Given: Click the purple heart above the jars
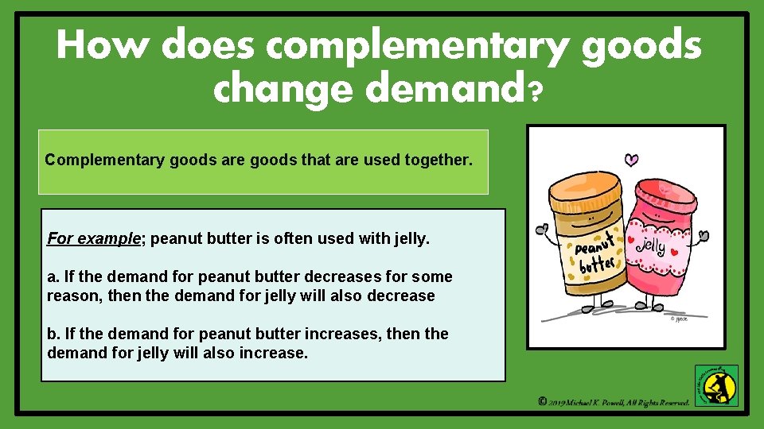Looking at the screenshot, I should [x=631, y=160].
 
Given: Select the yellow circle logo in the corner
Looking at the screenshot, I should [x=716, y=386].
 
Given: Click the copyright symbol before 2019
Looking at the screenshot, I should [x=542, y=402].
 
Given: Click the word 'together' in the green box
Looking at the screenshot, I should [x=439, y=160].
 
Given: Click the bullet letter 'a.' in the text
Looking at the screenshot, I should [x=53, y=276].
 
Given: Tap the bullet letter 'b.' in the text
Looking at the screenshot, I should [x=53, y=334].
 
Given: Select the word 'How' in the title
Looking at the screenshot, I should [x=103, y=46].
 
